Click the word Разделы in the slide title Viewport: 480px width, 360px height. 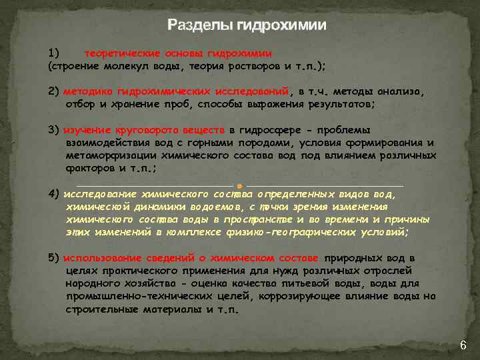[x=198, y=25]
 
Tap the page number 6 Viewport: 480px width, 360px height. [x=463, y=345]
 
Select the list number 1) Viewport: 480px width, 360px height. [x=54, y=53]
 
